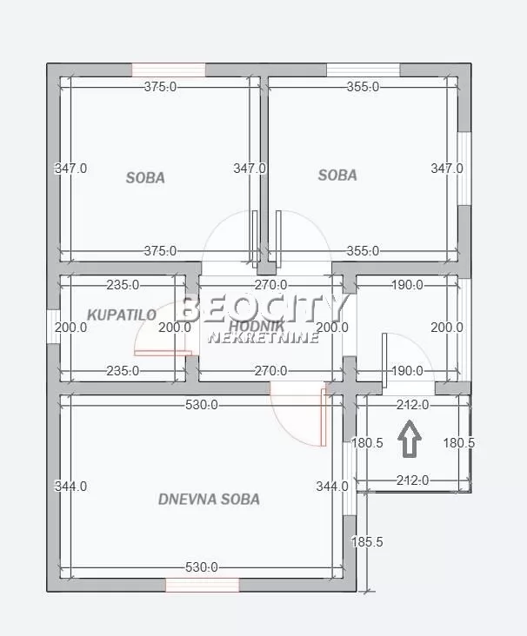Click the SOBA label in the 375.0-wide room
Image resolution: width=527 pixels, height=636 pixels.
145,178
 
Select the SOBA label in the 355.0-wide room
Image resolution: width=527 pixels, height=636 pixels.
337,176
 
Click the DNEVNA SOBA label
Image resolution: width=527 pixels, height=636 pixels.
209,500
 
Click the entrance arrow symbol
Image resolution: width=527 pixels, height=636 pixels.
410,439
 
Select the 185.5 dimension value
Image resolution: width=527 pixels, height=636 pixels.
367,542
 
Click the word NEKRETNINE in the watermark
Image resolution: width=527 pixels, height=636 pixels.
262,337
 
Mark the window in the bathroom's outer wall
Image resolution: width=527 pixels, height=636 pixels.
52,328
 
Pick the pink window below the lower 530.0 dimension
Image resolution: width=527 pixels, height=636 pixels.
203,586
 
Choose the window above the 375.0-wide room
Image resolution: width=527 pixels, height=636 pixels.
169,70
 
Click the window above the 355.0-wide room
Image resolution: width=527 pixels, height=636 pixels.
363,70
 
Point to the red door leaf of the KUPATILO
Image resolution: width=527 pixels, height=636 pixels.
162,353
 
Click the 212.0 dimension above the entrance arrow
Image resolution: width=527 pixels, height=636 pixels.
412,405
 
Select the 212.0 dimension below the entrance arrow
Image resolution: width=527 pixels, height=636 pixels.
412,480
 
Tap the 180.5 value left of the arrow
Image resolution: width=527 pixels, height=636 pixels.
367,443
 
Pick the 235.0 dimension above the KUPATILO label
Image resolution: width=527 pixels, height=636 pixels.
123,284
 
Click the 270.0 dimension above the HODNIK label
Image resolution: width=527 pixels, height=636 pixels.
270,284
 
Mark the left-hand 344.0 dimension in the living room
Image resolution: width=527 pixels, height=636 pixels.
71,487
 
